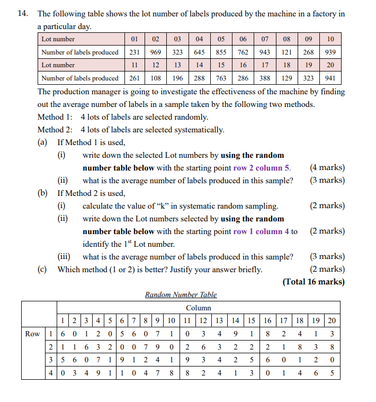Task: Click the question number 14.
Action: (22, 14)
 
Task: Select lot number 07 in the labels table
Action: (265, 39)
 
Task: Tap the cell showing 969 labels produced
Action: (156, 52)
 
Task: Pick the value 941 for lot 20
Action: (330, 78)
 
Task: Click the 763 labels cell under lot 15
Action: (221, 78)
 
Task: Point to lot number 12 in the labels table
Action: (156, 65)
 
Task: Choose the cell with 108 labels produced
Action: (156, 78)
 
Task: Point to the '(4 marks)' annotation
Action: (327, 168)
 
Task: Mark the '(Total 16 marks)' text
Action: (314, 282)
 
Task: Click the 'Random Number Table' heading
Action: (181, 294)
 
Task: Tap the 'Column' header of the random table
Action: (199, 308)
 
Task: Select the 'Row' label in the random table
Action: (32, 334)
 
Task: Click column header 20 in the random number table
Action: (331, 320)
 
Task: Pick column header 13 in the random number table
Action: (219, 320)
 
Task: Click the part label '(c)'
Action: (42, 269)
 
